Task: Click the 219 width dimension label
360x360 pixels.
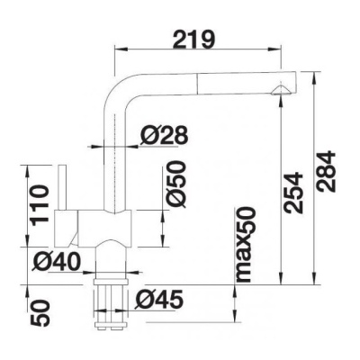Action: pyautogui.click(x=194, y=39)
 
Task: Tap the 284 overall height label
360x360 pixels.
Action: pyautogui.click(x=326, y=172)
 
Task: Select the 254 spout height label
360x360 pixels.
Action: pyautogui.click(x=293, y=193)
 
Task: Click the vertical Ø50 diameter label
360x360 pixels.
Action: pyautogui.click(x=175, y=184)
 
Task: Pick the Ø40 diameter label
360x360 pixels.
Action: pyautogui.click(x=57, y=261)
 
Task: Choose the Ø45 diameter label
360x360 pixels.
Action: pyautogui.click(x=159, y=300)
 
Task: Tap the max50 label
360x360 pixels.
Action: pyautogui.click(x=246, y=245)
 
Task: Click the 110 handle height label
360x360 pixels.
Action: pyautogui.click(x=40, y=205)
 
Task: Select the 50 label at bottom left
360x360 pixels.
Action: pyautogui.click(x=40, y=313)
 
